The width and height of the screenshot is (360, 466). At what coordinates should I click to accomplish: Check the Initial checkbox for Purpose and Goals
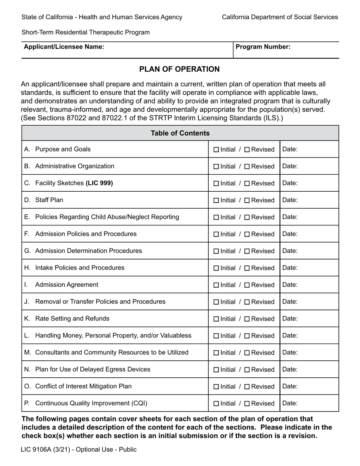click(x=216, y=150)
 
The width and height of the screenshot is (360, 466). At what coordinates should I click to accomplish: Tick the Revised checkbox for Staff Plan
click(x=247, y=200)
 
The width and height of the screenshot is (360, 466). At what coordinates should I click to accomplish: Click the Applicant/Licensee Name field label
click(x=64, y=47)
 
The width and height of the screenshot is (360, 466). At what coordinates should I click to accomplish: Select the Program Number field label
click(x=263, y=47)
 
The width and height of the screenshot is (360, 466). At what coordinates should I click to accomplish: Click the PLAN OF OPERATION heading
click(x=179, y=69)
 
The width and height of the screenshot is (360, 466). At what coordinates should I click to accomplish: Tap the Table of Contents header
click(x=180, y=133)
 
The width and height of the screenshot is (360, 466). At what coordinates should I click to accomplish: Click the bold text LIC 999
click(x=99, y=183)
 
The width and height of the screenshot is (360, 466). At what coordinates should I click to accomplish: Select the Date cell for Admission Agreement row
click(x=309, y=285)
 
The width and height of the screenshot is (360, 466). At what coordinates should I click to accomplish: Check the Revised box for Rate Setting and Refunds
click(x=247, y=319)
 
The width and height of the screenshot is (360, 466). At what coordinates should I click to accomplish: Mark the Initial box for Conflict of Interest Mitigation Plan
click(x=216, y=387)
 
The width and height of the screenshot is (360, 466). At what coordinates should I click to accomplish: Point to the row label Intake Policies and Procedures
click(x=80, y=268)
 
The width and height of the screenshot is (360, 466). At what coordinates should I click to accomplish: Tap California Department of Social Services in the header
click(x=280, y=17)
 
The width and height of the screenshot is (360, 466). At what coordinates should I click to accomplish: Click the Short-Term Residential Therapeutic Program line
click(x=85, y=33)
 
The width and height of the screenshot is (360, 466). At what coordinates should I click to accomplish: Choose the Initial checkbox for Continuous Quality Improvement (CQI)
click(x=216, y=404)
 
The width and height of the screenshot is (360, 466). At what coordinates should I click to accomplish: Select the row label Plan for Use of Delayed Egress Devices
click(x=92, y=369)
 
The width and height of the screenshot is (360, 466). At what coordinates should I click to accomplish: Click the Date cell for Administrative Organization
click(x=309, y=166)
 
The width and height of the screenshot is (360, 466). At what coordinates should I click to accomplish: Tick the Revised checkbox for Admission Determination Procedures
click(x=247, y=251)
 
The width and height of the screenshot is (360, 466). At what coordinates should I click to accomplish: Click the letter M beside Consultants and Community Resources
click(x=28, y=353)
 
